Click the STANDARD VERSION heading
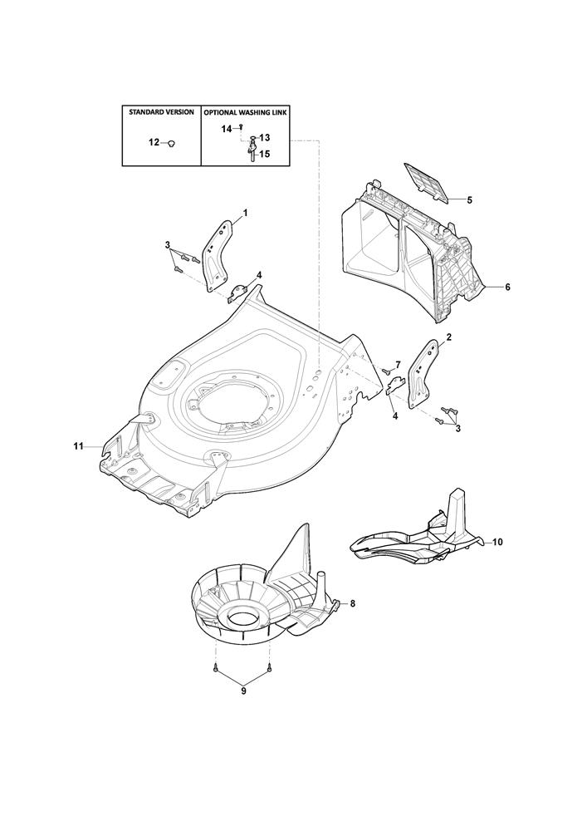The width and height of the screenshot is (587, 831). [161, 112]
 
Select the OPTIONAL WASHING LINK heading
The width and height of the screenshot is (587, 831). [245, 113]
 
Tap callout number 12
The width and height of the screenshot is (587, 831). [154, 143]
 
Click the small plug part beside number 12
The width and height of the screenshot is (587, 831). [171, 143]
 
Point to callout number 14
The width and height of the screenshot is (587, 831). [227, 129]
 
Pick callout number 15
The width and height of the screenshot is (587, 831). [265, 155]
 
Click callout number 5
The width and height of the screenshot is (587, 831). [469, 199]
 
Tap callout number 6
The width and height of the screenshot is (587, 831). [507, 288]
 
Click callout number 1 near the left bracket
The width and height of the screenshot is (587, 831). [245, 213]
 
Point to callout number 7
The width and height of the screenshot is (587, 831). [398, 364]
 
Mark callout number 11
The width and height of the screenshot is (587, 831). [78, 447]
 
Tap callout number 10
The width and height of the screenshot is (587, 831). [497, 542]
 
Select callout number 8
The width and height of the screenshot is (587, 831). [353, 603]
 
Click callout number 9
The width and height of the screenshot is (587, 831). [243, 691]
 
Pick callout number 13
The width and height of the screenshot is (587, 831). [265, 138]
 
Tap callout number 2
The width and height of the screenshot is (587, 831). [449, 337]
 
